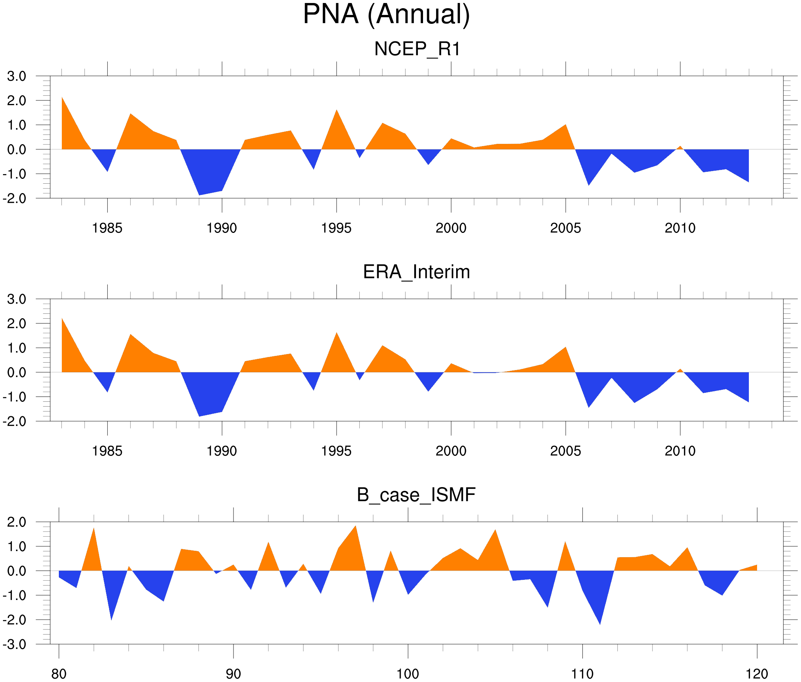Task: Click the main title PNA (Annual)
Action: tap(386, 15)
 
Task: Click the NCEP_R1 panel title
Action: tap(417, 49)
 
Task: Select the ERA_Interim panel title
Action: tap(416, 272)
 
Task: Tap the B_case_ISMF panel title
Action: tap(416, 495)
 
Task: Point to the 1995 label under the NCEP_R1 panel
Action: tap(336, 228)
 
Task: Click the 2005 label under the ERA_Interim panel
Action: tap(565, 451)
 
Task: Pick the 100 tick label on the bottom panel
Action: tap(408, 674)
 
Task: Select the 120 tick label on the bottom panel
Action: tap(757, 674)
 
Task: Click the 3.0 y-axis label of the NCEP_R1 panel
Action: tap(17, 76)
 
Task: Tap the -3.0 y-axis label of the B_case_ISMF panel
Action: tap(15, 644)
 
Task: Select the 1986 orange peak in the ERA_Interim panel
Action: tap(131, 335)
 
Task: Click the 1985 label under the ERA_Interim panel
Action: tap(107, 451)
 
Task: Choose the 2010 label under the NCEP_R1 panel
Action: tap(680, 228)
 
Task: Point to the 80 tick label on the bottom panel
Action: tap(59, 674)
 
